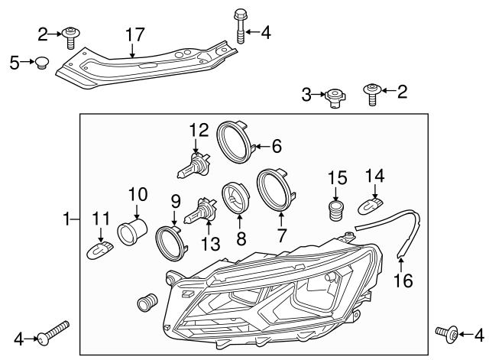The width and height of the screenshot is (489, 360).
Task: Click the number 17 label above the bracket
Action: click(134, 34)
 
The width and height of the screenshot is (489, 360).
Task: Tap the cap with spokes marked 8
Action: click(235, 197)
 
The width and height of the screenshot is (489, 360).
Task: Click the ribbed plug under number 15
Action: click(335, 209)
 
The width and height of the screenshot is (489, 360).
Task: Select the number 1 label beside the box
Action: click(67, 221)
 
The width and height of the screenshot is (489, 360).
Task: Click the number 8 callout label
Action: click(241, 238)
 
